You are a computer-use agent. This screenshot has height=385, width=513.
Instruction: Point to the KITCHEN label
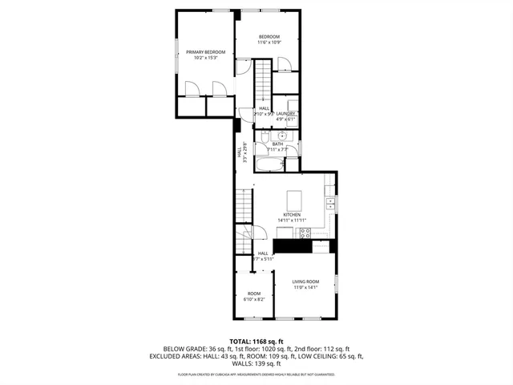[292, 217]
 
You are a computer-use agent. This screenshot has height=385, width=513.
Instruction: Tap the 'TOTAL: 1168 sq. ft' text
[256, 342]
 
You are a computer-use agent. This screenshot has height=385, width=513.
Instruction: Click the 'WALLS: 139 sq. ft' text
[256, 364]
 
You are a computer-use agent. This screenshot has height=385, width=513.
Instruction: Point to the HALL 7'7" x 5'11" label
[263, 256]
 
